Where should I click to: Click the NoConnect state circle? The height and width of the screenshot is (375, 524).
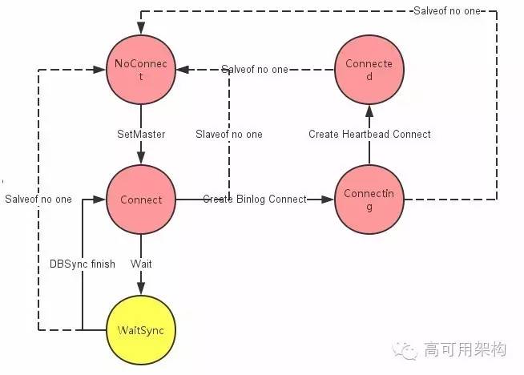coord(141,71)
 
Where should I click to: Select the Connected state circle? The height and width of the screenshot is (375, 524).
coord(369,71)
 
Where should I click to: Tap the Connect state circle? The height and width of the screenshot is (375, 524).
coord(141,200)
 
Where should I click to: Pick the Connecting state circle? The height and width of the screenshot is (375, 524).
coord(369,200)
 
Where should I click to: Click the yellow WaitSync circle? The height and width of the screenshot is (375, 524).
coord(141,329)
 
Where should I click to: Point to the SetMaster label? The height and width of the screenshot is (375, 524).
coord(141,134)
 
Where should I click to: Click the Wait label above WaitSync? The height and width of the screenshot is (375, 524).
coord(141,264)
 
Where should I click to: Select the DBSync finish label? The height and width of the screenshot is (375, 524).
coord(82,264)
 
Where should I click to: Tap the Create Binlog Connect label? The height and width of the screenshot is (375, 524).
coord(254,199)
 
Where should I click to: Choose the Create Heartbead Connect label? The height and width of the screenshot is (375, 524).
coord(369,134)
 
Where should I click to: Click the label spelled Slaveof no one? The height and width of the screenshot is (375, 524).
coord(229,134)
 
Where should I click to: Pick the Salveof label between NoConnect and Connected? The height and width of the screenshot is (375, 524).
coord(254,70)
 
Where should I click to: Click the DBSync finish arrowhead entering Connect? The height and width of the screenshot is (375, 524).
coord(101,200)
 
